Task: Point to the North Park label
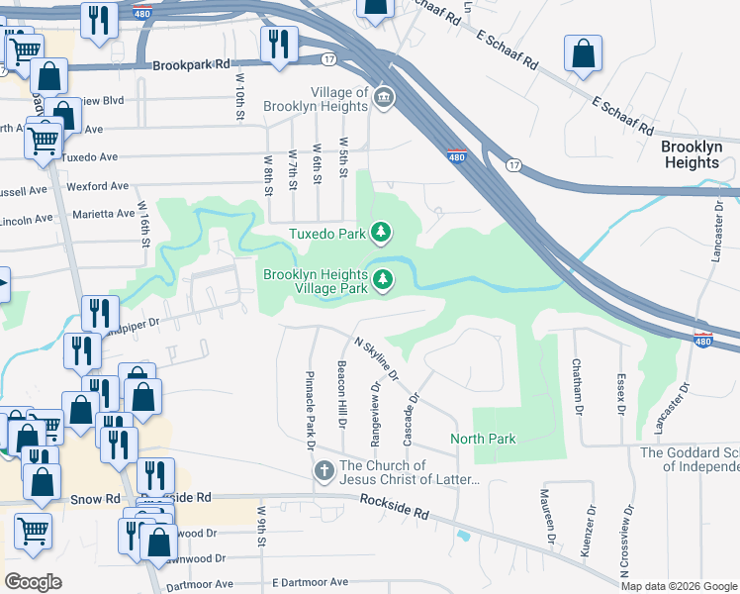pos(483,439)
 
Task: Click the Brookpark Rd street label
pos(191,64)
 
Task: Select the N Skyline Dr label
pos(376,358)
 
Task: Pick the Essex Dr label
pos(622,396)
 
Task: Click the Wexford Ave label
pos(98,186)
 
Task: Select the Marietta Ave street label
pos(105,214)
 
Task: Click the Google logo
pos(34,581)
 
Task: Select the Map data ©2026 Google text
pos(679,586)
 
